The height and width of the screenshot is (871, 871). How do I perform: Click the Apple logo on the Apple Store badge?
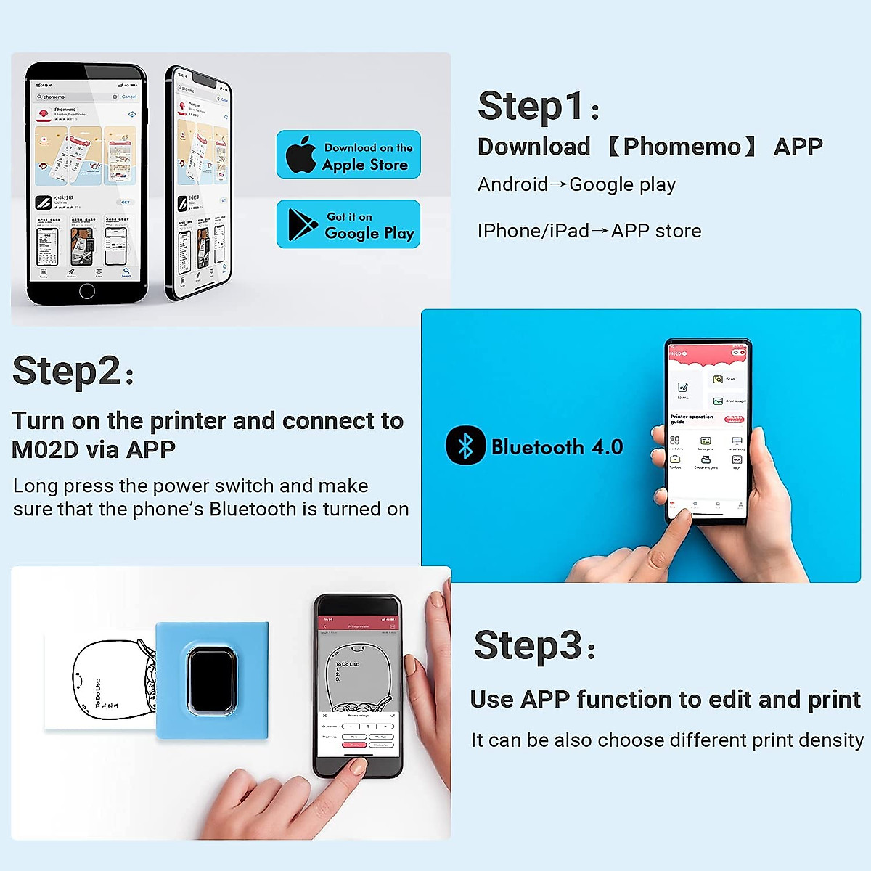click(300, 155)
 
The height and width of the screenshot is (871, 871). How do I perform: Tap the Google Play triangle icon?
click(301, 224)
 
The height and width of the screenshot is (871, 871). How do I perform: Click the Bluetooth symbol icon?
click(465, 445)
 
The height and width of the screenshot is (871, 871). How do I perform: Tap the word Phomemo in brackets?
click(682, 147)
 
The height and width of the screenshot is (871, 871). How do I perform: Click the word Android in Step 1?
click(512, 184)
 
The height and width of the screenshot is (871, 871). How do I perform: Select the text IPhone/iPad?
click(533, 231)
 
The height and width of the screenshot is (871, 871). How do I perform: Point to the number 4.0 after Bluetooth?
click(607, 446)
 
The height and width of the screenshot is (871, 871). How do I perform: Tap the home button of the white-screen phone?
click(87, 291)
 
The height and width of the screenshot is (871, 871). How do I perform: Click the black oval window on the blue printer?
click(211, 680)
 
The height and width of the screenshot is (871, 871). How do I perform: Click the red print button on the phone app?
click(355, 745)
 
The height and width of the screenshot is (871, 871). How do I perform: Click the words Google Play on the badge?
click(369, 233)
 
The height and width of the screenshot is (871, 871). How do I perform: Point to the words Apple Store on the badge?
click(365, 165)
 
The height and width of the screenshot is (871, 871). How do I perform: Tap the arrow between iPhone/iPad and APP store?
click(600, 231)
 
